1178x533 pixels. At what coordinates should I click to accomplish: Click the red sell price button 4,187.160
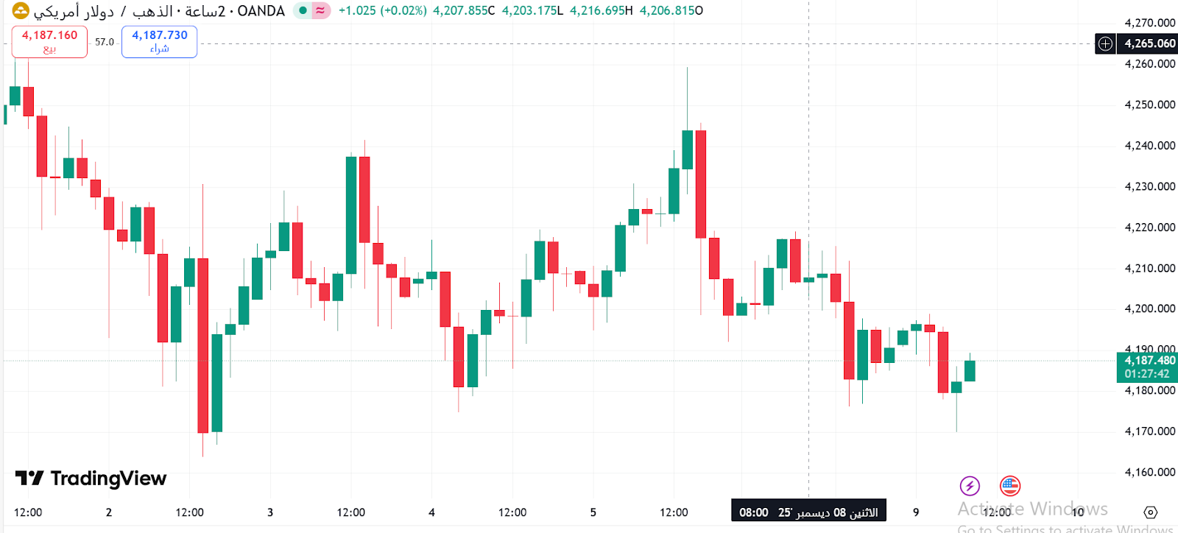click(x=49, y=41)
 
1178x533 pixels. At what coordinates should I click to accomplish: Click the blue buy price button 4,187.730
click(x=159, y=41)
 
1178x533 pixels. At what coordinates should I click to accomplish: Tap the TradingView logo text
click(x=91, y=479)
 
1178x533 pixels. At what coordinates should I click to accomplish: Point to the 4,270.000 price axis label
click(x=1149, y=23)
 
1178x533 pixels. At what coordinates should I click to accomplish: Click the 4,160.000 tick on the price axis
click(x=1149, y=472)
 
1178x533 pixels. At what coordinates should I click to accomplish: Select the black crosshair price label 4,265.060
click(x=1149, y=43)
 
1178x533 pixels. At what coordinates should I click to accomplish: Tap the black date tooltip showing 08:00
click(x=808, y=512)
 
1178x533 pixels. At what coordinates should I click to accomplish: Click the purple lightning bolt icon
click(x=970, y=486)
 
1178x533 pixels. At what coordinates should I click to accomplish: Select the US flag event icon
click(x=1009, y=486)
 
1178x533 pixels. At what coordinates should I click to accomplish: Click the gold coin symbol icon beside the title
click(x=21, y=10)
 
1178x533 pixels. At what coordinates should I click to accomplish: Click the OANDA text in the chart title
click(x=261, y=11)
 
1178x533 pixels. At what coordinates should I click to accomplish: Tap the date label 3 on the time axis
click(x=270, y=512)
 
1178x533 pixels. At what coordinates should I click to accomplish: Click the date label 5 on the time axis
click(x=593, y=512)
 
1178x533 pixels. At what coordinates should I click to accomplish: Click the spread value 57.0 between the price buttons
click(x=105, y=42)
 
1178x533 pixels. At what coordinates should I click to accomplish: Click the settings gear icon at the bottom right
click(x=1151, y=512)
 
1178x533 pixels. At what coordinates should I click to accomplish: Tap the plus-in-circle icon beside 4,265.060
click(x=1105, y=43)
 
